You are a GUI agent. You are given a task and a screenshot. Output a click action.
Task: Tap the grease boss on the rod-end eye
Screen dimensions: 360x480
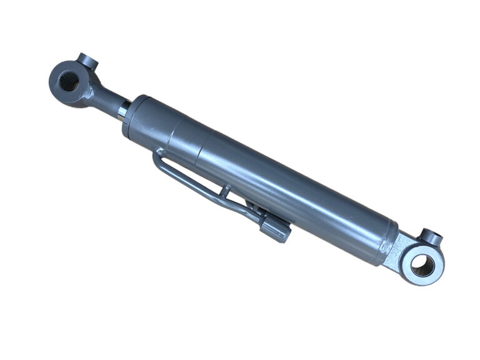(87, 64)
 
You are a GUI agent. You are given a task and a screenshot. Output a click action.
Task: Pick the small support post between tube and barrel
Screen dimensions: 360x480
(226, 190)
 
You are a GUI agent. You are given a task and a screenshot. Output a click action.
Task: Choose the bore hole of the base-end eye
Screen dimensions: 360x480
(422, 264)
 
